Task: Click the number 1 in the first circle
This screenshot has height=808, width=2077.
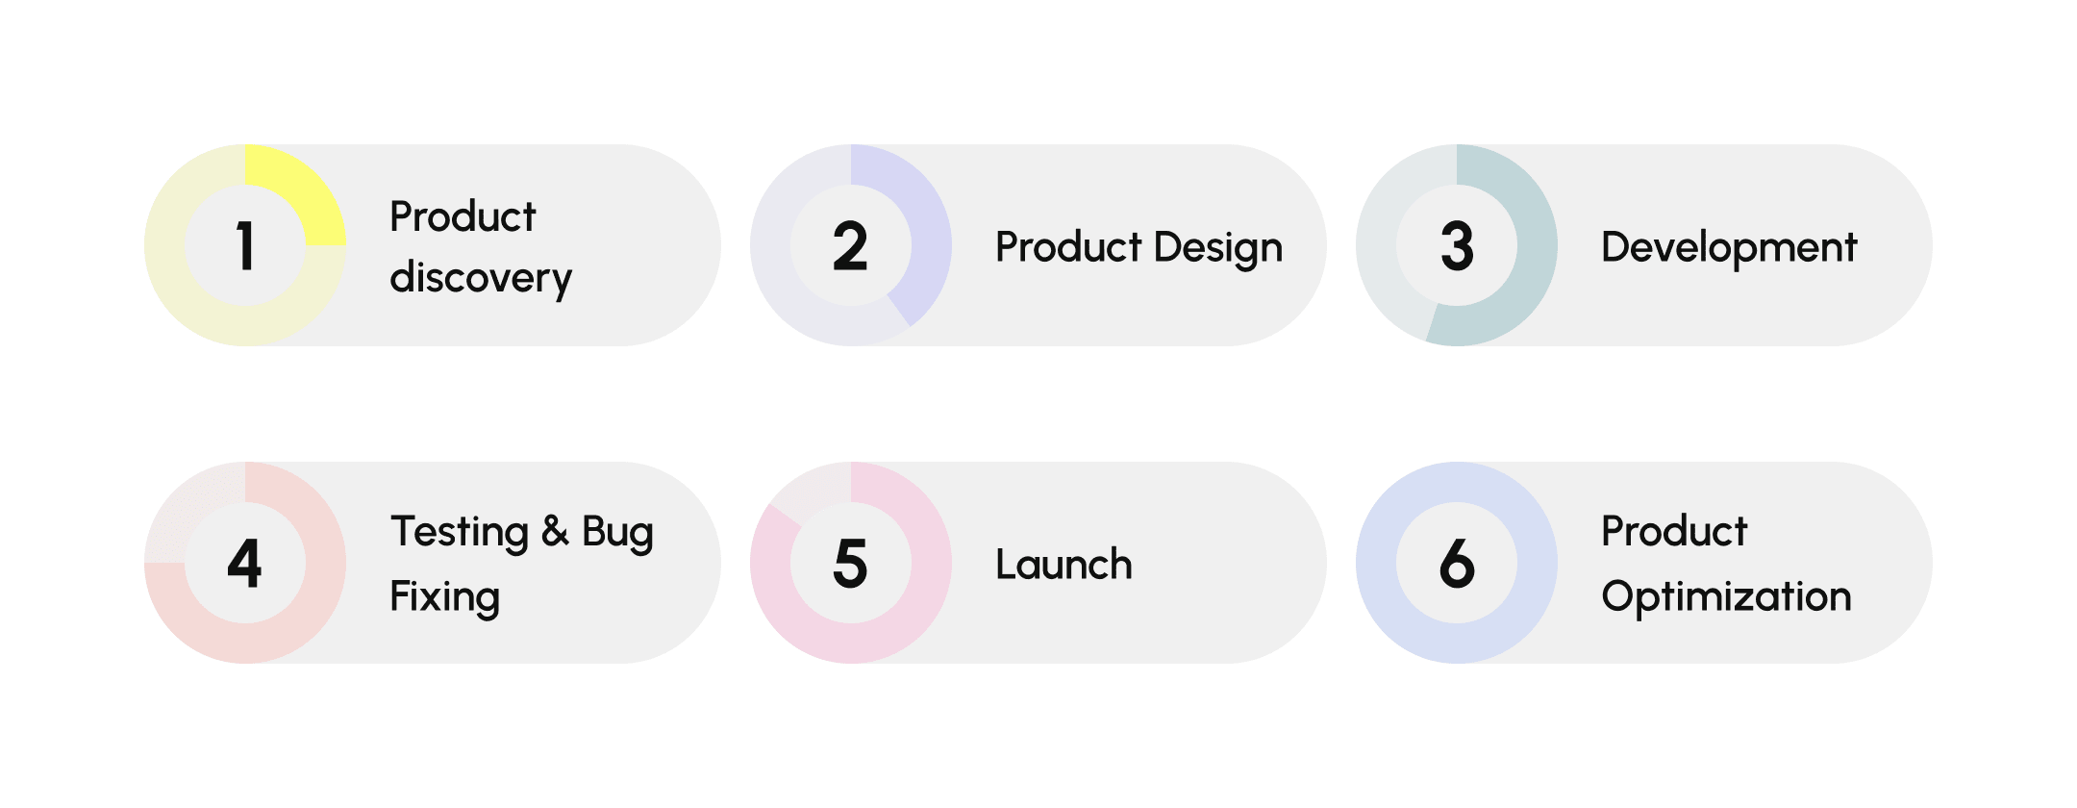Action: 245,245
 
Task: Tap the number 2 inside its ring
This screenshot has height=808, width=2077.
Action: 850,245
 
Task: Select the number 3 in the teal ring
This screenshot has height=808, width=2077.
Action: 1457,245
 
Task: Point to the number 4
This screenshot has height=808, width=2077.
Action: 245,563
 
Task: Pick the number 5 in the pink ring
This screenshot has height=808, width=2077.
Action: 850,563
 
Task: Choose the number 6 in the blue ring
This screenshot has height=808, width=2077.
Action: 1457,563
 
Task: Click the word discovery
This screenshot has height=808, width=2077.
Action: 481,278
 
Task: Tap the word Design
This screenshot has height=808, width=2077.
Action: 1217,247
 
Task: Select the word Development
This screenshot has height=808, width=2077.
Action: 1729,247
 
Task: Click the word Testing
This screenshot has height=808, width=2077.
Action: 460,532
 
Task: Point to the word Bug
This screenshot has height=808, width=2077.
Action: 617,532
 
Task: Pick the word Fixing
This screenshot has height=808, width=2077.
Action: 444,597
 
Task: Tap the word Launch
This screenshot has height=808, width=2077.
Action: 1064,565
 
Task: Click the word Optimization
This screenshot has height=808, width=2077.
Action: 1726,597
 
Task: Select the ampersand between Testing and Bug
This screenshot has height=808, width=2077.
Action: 555,532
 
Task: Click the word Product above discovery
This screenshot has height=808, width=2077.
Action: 463,216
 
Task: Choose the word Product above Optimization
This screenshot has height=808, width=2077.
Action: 1674,531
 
